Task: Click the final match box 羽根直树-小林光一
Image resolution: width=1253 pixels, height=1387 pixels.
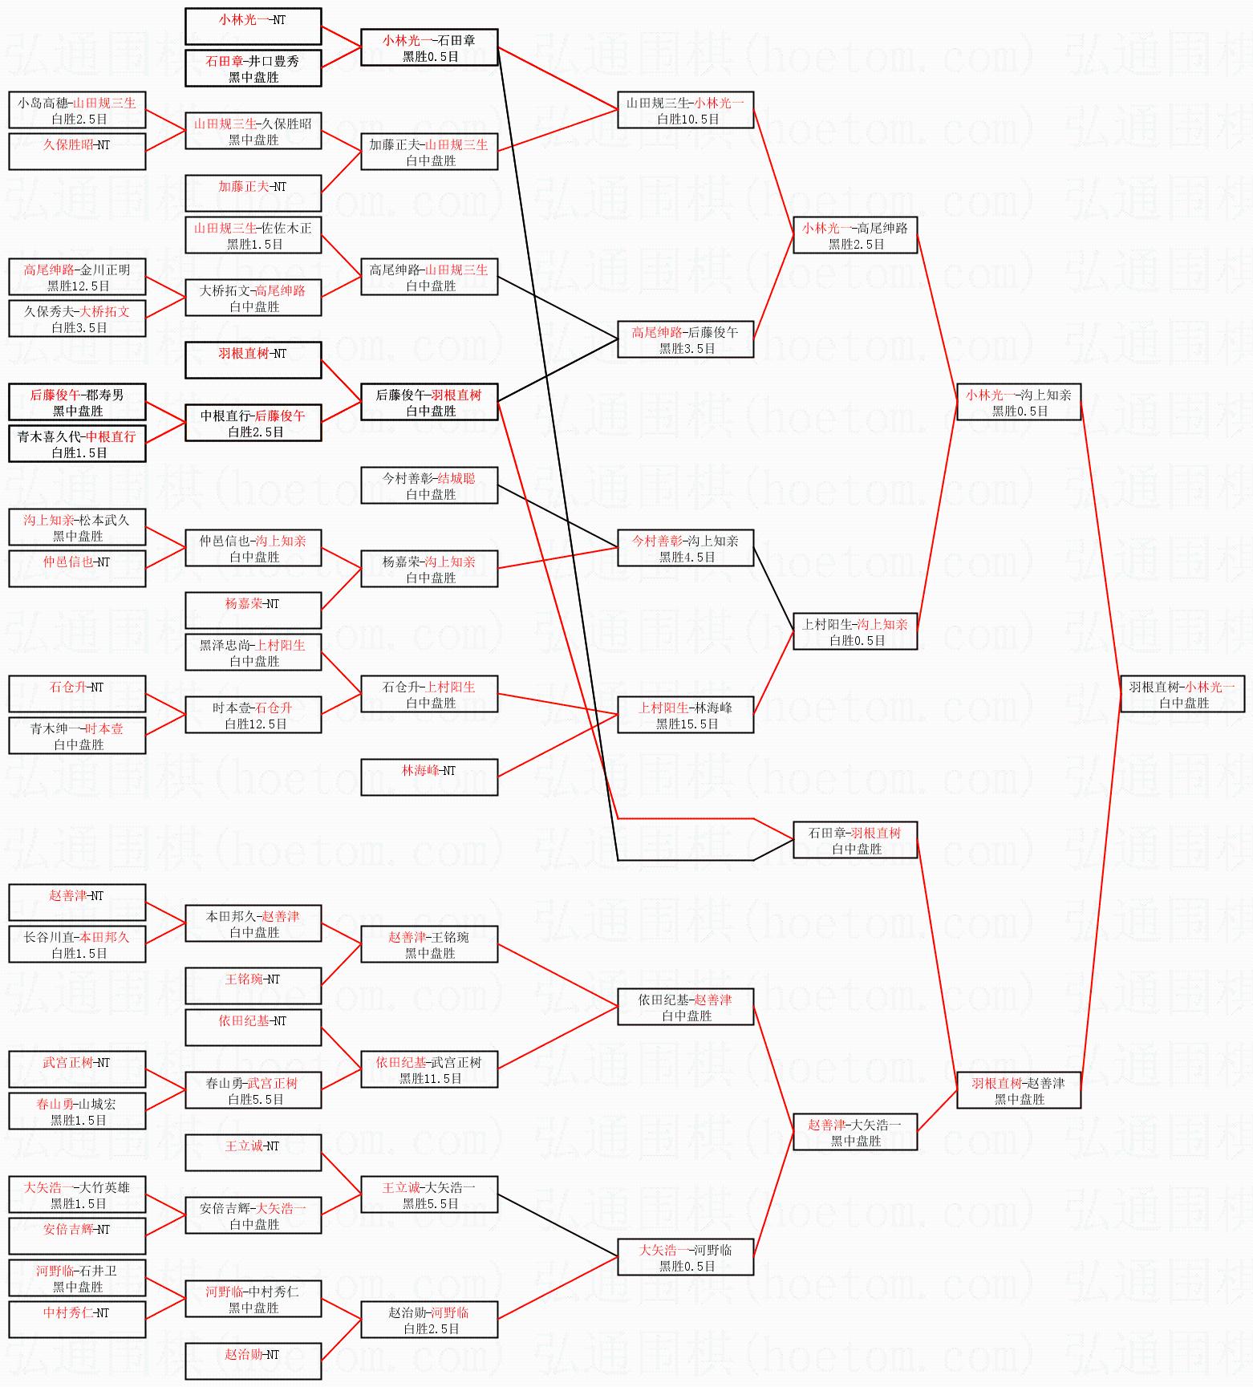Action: click(x=1182, y=694)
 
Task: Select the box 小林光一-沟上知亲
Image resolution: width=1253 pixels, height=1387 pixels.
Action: click(x=1018, y=402)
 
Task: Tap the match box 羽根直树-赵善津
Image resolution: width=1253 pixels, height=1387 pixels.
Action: click(x=1018, y=1090)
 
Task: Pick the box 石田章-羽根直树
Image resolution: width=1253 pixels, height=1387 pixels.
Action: click(x=854, y=840)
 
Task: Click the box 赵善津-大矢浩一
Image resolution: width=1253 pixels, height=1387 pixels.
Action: click(x=854, y=1132)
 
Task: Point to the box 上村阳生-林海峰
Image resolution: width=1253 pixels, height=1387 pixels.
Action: click(x=685, y=715)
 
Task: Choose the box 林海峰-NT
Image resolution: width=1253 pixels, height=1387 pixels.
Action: click(x=429, y=777)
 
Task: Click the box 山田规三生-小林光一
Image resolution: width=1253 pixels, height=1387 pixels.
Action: click(x=685, y=110)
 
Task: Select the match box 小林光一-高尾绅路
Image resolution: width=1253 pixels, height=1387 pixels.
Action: click(x=854, y=235)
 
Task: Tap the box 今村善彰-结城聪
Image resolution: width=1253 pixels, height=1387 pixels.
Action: click(x=429, y=485)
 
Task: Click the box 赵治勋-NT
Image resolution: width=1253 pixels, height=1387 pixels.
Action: click(x=253, y=1361)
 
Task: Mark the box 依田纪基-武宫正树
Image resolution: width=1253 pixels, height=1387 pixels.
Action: click(x=429, y=1069)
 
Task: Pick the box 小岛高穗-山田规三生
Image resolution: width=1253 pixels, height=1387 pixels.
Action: click(x=77, y=110)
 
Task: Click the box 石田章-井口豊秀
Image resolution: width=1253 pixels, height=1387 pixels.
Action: click(x=253, y=68)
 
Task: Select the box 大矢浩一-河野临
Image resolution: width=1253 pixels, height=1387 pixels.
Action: click(x=685, y=1257)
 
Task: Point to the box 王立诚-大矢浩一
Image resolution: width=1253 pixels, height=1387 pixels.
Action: click(x=429, y=1194)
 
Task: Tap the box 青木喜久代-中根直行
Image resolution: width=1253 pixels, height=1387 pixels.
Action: click(x=77, y=444)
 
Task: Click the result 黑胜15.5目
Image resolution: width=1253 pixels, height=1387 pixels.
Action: click(x=687, y=724)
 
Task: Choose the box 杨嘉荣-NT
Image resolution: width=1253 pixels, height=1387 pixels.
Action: click(x=253, y=610)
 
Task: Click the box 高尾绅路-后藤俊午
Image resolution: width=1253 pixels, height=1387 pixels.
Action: click(x=685, y=339)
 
